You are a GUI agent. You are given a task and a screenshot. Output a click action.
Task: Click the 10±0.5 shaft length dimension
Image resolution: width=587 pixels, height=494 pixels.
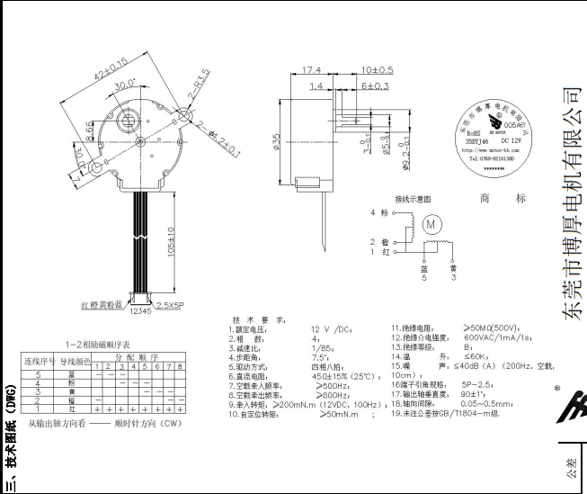(x=377, y=69)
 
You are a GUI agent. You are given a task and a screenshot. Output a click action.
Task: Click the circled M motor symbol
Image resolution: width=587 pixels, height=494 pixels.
(x=430, y=222)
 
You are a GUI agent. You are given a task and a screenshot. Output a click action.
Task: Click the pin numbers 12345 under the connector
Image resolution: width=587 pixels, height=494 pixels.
(x=141, y=312)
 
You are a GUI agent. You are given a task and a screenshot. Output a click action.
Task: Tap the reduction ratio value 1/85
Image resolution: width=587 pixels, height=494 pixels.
(x=321, y=347)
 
